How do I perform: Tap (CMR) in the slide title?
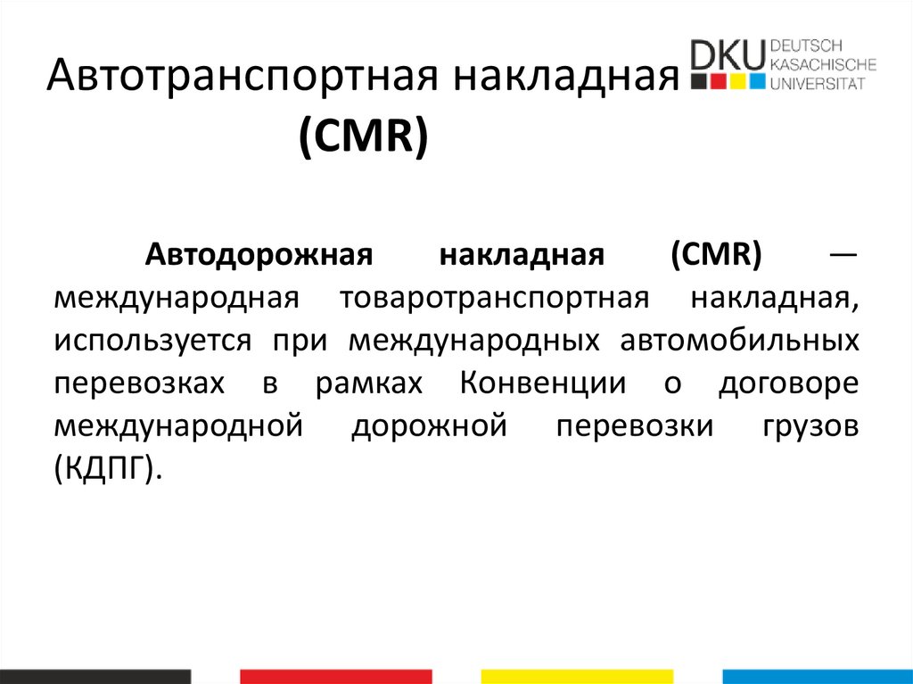pyautogui.click(x=364, y=139)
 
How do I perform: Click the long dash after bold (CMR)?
pyautogui.click(x=843, y=256)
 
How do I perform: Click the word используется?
pyautogui.click(x=144, y=342)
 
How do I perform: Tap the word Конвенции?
pyautogui.click(x=544, y=384)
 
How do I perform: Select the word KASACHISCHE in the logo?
pyautogui.click(x=822, y=64)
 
